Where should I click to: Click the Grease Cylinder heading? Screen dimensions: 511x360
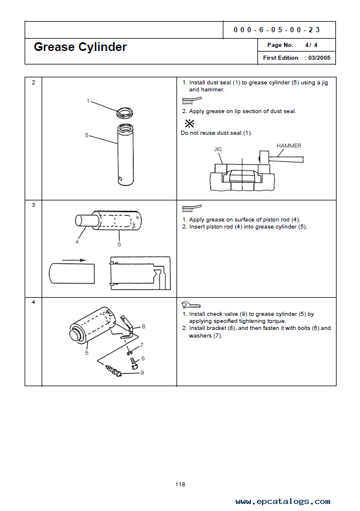point(80,47)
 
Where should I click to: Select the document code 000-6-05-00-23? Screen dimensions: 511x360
point(276,29)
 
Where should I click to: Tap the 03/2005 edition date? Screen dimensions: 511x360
point(320,58)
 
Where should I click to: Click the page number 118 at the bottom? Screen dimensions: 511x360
point(180,484)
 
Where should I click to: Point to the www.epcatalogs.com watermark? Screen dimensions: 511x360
point(283,502)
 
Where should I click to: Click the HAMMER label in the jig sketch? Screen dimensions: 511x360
point(289,145)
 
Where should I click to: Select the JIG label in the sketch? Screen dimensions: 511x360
point(218,149)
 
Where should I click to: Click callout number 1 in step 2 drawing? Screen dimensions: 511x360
point(88,101)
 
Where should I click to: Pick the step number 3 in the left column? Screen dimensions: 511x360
point(33,205)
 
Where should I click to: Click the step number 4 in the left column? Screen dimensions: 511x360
point(33,302)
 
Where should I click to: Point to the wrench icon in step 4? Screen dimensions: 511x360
point(191,305)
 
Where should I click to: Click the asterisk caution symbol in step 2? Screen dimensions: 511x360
point(189,124)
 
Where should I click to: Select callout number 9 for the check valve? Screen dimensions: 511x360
point(141,372)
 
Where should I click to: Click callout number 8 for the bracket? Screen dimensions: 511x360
point(143,326)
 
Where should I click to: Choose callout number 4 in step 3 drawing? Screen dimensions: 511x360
point(76,241)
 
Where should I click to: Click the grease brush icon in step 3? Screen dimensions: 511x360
point(192,207)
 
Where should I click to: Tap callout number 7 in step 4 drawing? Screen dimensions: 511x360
point(141,345)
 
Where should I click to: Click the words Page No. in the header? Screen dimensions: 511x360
point(280,45)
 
